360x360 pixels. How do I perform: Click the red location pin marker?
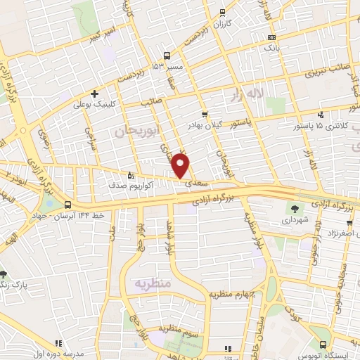pos(181,165)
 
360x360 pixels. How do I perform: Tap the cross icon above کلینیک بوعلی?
pos(94,94)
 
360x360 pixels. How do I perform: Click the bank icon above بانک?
pos(272,37)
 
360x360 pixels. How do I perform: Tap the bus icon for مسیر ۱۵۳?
pos(167,55)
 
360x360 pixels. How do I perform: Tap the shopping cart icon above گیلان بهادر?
pos(205,114)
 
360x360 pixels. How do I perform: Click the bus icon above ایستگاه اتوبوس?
pos(323,345)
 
